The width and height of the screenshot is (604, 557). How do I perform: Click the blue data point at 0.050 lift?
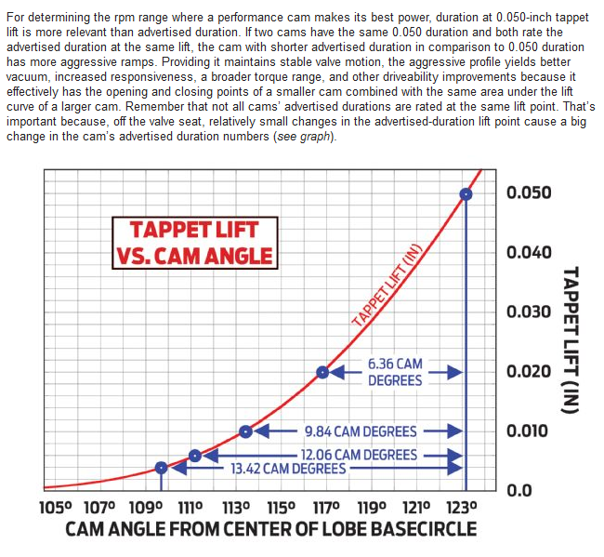coord(466,193)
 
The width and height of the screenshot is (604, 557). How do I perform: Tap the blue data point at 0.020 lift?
coord(322,372)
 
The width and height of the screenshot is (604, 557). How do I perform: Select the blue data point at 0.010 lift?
coord(245,431)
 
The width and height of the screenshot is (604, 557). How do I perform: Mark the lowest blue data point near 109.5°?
coord(161,468)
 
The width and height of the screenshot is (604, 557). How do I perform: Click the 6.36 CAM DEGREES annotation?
coord(395,372)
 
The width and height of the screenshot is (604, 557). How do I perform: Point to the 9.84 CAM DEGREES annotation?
coord(361,431)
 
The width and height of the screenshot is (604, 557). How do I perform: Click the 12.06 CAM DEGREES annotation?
coord(359,455)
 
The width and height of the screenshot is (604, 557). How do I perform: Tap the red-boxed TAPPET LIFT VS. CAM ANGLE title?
coord(193,243)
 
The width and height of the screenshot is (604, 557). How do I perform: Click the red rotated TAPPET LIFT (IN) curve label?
coord(387,284)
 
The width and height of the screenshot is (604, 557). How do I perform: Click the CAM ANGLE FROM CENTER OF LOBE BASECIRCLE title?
coord(270,530)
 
